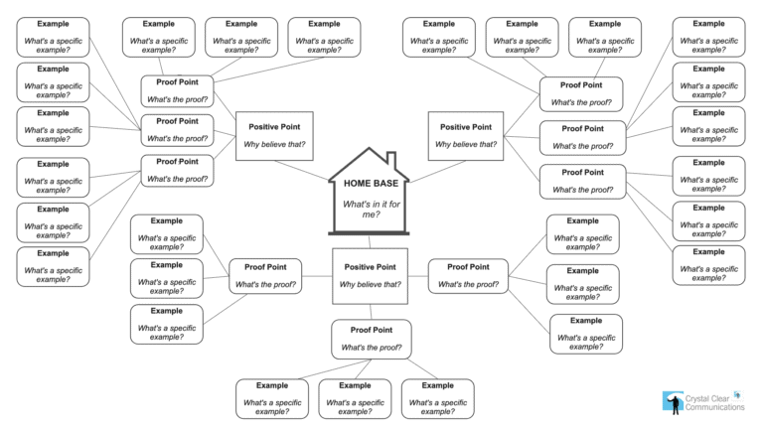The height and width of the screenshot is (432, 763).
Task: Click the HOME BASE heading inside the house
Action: click(x=370, y=184)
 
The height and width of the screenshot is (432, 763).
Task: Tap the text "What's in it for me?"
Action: click(x=370, y=209)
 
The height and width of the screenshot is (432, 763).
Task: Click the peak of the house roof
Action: click(x=370, y=148)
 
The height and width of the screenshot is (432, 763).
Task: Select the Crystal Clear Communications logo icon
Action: click(x=672, y=400)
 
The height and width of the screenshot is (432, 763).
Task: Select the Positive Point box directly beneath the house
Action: click(x=370, y=275)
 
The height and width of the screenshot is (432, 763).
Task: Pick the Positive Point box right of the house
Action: click(x=465, y=135)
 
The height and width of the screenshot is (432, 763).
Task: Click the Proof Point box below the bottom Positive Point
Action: click(x=370, y=338)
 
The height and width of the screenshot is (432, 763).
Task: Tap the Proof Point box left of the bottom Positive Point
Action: click(x=266, y=275)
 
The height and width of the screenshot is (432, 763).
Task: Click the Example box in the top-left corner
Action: click(x=53, y=35)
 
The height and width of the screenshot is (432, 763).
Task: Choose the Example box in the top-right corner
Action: click(x=708, y=35)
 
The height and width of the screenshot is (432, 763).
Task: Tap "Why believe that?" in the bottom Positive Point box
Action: click(x=370, y=284)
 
